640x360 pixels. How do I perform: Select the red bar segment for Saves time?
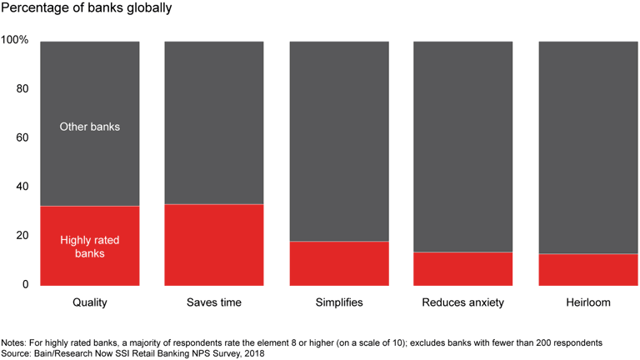click(x=214, y=244)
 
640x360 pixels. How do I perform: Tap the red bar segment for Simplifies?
click(x=339, y=262)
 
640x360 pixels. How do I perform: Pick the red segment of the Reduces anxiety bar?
click(x=463, y=267)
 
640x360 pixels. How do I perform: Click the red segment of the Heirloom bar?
click(x=588, y=269)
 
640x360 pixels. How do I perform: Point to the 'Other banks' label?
click(x=90, y=127)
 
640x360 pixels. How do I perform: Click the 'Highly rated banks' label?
click(x=90, y=247)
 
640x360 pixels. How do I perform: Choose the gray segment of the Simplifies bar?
click(x=339, y=141)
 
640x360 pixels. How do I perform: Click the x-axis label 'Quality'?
click(x=90, y=302)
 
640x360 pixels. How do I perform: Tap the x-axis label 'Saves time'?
click(x=214, y=302)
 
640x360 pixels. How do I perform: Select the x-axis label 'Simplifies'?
click(x=339, y=302)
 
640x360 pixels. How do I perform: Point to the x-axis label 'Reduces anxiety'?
click(x=463, y=302)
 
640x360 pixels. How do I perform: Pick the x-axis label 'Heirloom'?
click(x=588, y=302)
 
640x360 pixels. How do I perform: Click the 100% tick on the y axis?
click(x=15, y=40)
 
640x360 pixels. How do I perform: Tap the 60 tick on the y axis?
click(x=22, y=137)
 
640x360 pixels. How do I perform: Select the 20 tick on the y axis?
click(x=22, y=236)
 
